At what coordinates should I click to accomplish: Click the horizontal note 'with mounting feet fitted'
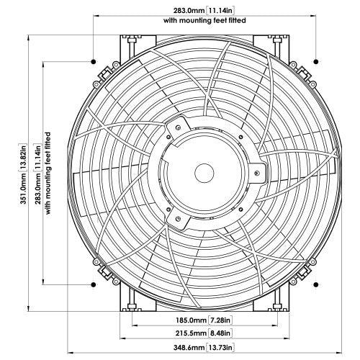pyautogui.click(x=206, y=21)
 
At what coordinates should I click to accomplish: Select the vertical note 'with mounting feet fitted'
pyautogui.click(x=48, y=174)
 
